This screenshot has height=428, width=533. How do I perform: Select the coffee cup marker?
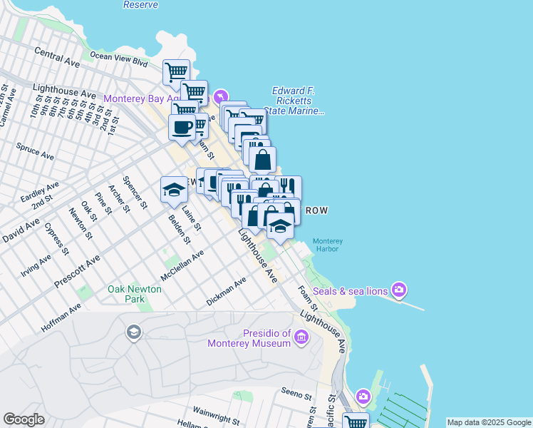(182, 128)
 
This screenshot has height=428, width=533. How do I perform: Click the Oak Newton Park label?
(135, 294)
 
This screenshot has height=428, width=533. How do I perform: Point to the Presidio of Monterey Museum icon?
(301, 337)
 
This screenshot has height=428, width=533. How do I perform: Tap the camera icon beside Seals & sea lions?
(398, 290)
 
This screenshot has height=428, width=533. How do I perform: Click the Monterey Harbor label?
(328, 245)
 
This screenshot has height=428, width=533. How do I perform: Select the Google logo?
(24, 419)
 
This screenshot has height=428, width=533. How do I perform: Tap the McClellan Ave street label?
(182, 264)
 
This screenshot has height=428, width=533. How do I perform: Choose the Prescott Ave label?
(76, 271)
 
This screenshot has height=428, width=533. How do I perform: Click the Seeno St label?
(296, 394)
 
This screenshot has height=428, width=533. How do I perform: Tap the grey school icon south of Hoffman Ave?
(133, 332)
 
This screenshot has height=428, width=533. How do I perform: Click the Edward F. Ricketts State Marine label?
(294, 101)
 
